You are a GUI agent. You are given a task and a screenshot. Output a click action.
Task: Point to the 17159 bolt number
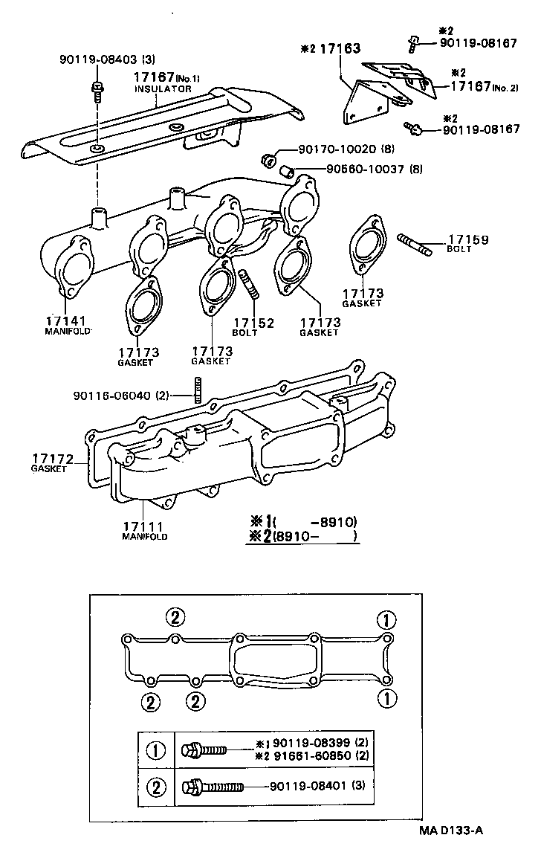click(x=467, y=239)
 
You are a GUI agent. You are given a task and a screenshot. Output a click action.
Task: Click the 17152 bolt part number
click(x=254, y=323)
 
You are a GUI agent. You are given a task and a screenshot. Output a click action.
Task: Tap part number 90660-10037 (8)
click(x=374, y=170)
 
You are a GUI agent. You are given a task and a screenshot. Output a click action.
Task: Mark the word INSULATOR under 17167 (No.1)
click(x=163, y=88)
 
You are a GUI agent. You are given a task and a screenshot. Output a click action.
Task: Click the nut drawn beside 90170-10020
click(x=269, y=158)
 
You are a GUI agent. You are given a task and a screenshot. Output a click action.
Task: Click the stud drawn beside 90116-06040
click(x=198, y=390)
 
